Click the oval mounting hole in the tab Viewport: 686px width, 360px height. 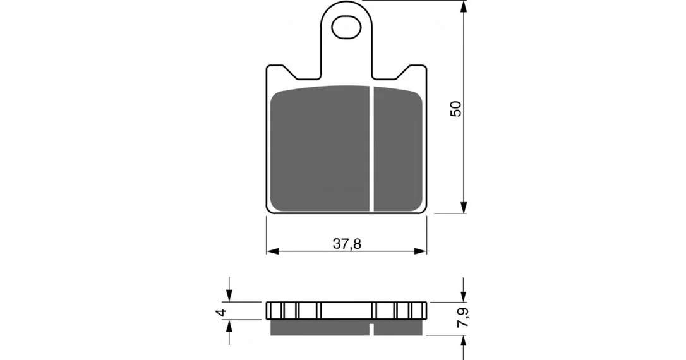347,28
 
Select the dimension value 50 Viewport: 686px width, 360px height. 456,109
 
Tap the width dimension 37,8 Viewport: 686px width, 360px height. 347,244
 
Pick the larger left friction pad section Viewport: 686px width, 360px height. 320,148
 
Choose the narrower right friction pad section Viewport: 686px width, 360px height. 398,148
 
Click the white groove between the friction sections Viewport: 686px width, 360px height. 371,148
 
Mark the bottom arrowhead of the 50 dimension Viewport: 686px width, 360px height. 464,208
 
